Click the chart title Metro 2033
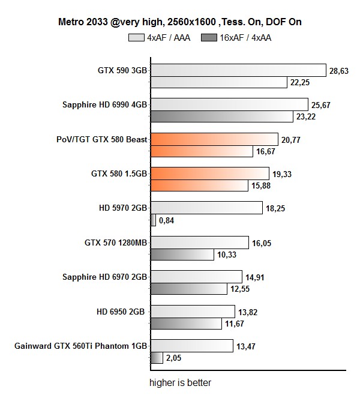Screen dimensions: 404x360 point(179,22)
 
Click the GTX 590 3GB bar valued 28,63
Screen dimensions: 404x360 point(238,70)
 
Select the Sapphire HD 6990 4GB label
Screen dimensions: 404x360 point(104,104)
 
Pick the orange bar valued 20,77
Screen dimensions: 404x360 point(214,139)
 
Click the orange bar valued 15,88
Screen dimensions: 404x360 point(199,185)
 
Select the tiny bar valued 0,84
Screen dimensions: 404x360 point(153,220)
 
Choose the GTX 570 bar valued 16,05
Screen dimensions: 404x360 point(199,243)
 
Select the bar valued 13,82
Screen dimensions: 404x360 point(193,312)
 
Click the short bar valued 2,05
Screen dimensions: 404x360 point(156,358)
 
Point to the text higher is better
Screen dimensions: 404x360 point(180,382)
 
